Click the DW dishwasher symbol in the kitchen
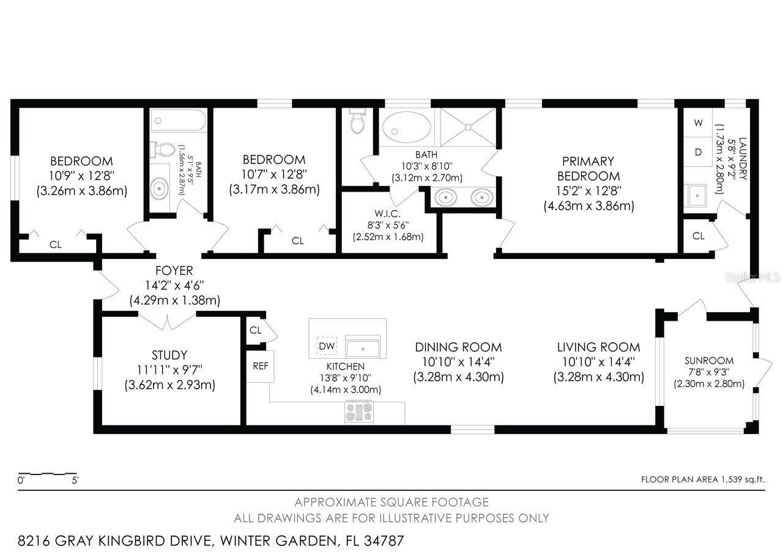click(x=327, y=346)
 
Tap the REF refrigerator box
click(x=259, y=365)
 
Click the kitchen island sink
click(x=363, y=346)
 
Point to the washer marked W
click(x=698, y=122)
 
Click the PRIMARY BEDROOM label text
click(x=588, y=168)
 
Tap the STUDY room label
click(x=169, y=355)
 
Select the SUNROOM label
click(x=708, y=361)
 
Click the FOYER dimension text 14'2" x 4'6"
click(x=174, y=285)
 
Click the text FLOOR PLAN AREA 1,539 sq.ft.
click(x=702, y=480)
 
